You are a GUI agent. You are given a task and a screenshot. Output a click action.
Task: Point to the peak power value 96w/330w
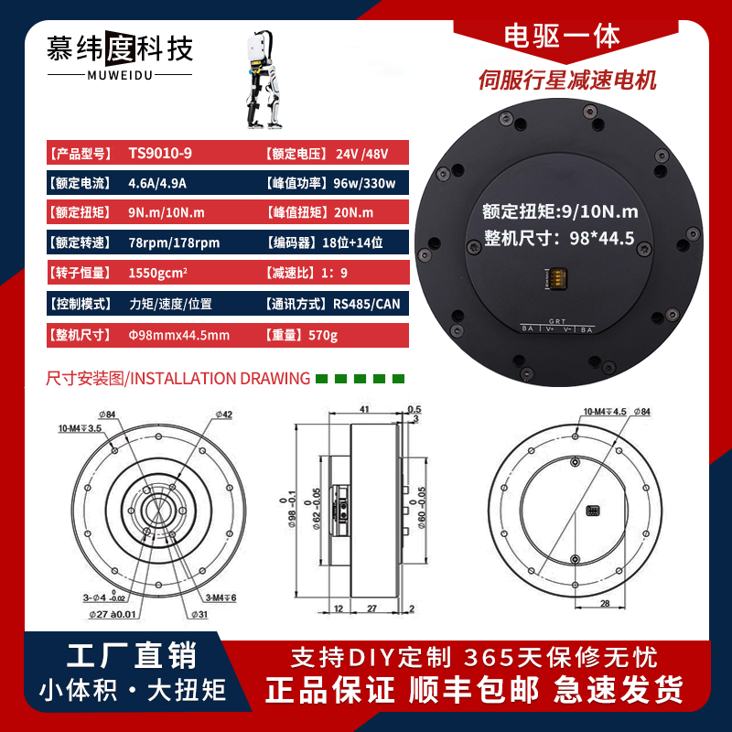click(364, 184)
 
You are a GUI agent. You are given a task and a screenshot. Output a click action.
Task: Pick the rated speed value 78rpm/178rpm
click(174, 243)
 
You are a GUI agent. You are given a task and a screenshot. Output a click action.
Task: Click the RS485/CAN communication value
click(367, 304)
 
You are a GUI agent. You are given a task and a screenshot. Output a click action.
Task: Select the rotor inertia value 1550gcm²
click(159, 274)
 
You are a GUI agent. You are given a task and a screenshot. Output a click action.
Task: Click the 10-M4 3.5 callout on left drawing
click(80, 427)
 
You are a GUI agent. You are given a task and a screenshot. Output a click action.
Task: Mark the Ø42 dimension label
click(223, 414)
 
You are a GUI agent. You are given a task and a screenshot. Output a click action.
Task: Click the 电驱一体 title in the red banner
click(563, 36)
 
